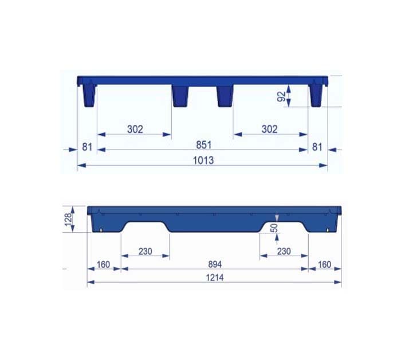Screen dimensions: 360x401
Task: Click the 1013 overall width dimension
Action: [203, 161]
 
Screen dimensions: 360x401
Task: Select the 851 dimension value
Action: [203, 145]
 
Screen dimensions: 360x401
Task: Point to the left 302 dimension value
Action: [135, 129]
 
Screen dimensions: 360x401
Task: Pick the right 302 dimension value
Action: [269, 129]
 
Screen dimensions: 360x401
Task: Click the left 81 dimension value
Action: [87, 147]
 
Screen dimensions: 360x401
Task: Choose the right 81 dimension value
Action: [317, 147]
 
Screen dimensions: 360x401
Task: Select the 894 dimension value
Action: [214, 264]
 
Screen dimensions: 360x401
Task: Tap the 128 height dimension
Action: [68, 219]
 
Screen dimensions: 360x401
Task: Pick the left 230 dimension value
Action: [146, 251]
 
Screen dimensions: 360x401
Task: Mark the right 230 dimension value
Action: [284, 251]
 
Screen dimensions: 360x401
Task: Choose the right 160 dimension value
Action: [325, 264]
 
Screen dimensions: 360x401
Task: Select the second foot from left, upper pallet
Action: [180, 96]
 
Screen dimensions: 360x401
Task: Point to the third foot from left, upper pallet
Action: [225, 96]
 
